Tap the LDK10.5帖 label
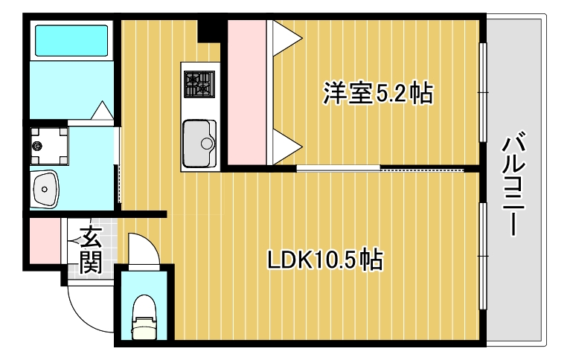[325, 260]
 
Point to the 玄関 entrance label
[91, 250]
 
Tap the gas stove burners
[199, 83]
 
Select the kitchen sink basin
[199, 141]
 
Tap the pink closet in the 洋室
[246, 93]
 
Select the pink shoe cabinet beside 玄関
[43, 244]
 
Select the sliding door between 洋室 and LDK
[380, 169]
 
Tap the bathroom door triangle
[101, 110]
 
